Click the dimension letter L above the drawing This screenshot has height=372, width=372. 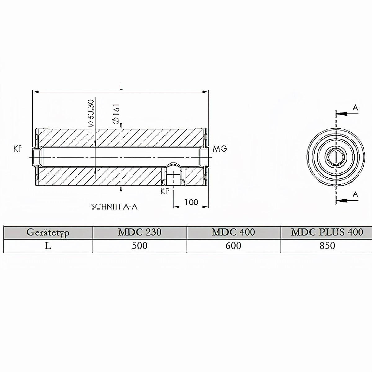(x=121, y=87)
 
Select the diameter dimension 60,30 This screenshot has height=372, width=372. (x=91, y=113)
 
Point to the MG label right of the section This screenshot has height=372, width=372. (x=220, y=149)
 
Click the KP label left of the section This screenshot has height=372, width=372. (x=18, y=149)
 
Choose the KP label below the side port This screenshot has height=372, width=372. (x=165, y=191)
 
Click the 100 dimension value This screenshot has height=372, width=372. (x=191, y=202)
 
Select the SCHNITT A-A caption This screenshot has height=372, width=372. (x=114, y=207)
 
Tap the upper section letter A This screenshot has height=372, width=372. (x=355, y=108)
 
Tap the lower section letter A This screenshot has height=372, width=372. (x=355, y=195)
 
